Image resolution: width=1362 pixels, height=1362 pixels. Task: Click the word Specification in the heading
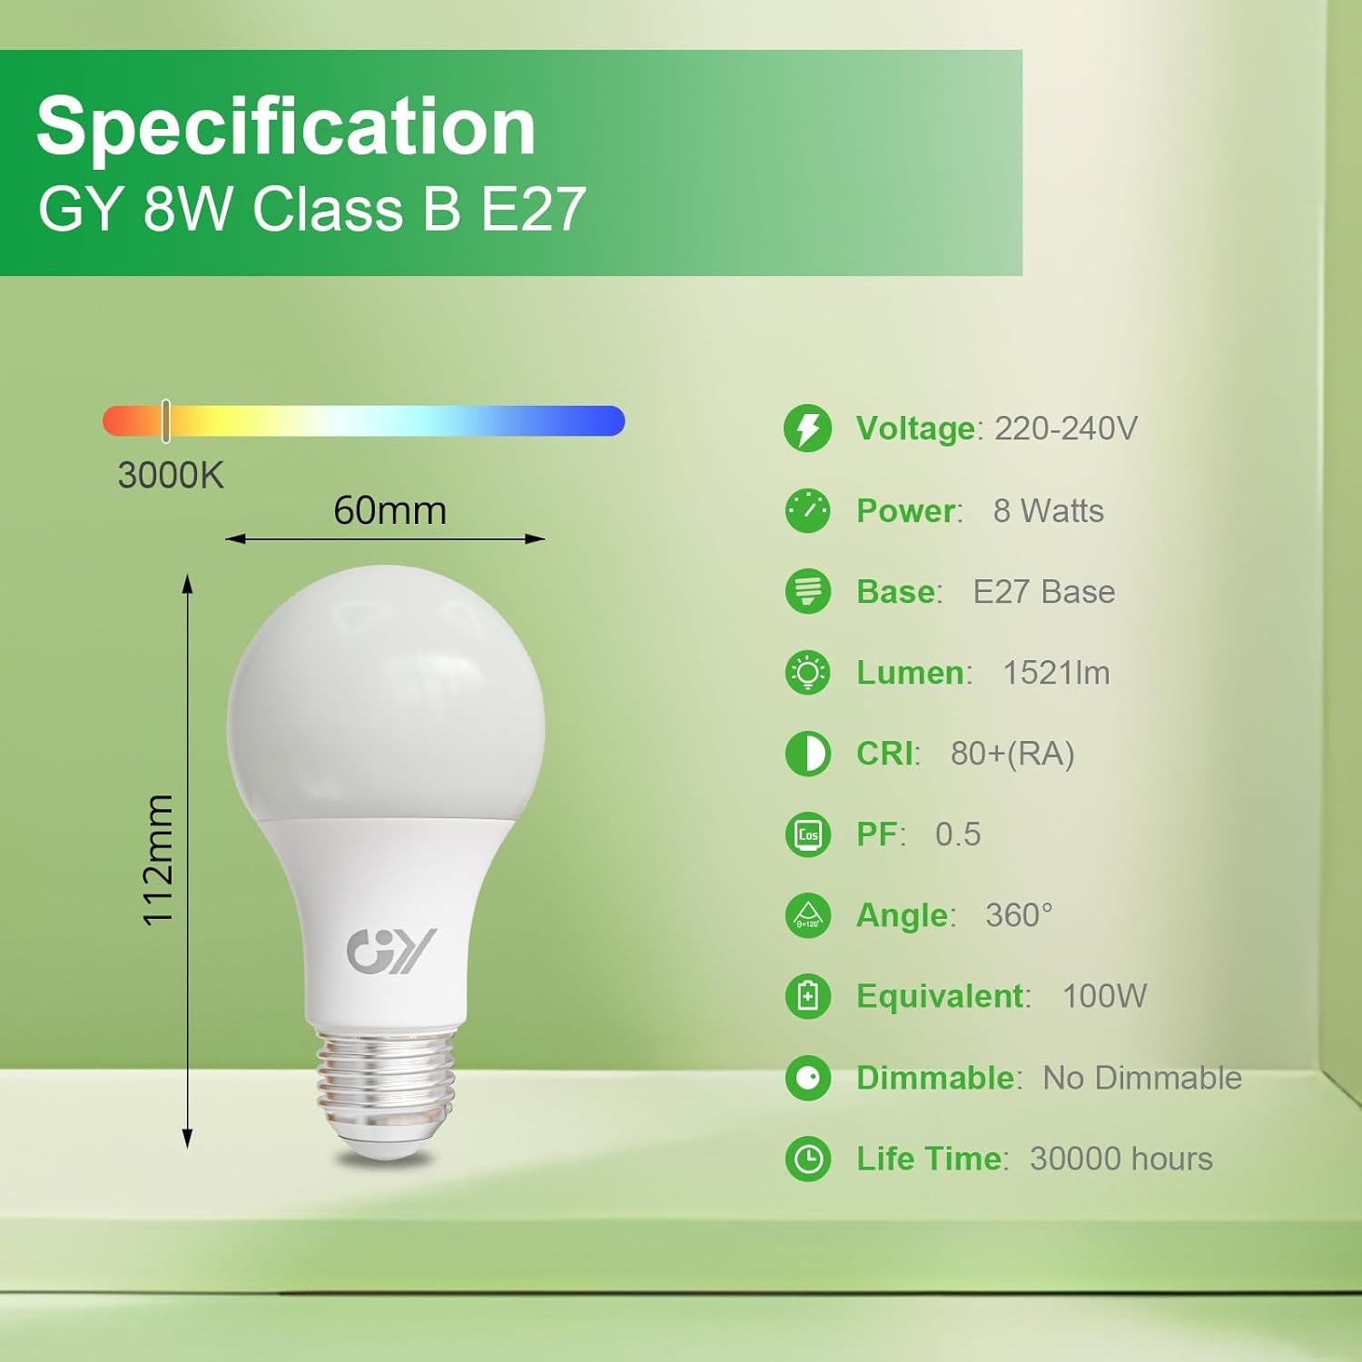pos(286,127)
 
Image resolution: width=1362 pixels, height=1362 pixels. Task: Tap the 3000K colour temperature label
pos(170,475)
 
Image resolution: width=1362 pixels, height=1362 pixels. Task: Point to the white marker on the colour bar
pos(165,420)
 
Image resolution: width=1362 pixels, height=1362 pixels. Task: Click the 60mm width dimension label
pos(390,510)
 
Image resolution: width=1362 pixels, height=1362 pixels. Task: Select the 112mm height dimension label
pos(158,860)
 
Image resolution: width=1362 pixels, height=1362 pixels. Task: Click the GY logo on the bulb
pos(391,950)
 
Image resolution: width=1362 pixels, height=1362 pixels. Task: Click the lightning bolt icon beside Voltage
pos(807,428)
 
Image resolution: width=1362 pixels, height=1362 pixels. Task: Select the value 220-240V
pos(1066,428)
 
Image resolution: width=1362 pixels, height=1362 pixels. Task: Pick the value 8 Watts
pos(1048,510)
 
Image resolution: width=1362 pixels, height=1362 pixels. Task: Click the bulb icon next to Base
pos(807,591)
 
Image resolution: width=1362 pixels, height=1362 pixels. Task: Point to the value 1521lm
pos(1056,673)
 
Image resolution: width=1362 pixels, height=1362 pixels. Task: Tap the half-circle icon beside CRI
pos(807,754)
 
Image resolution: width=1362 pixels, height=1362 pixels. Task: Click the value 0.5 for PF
pos(958,834)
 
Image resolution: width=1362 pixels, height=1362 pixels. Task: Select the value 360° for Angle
pos(1019,915)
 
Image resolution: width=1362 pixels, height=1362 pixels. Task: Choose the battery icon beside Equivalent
pos(807,996)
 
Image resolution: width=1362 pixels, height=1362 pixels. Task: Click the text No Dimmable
pos(1142,1078)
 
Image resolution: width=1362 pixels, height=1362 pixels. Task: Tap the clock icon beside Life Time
pos(807,1159)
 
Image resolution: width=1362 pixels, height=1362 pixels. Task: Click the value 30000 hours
pos(1121,1159)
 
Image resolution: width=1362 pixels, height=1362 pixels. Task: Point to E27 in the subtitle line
pos(533,210)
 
